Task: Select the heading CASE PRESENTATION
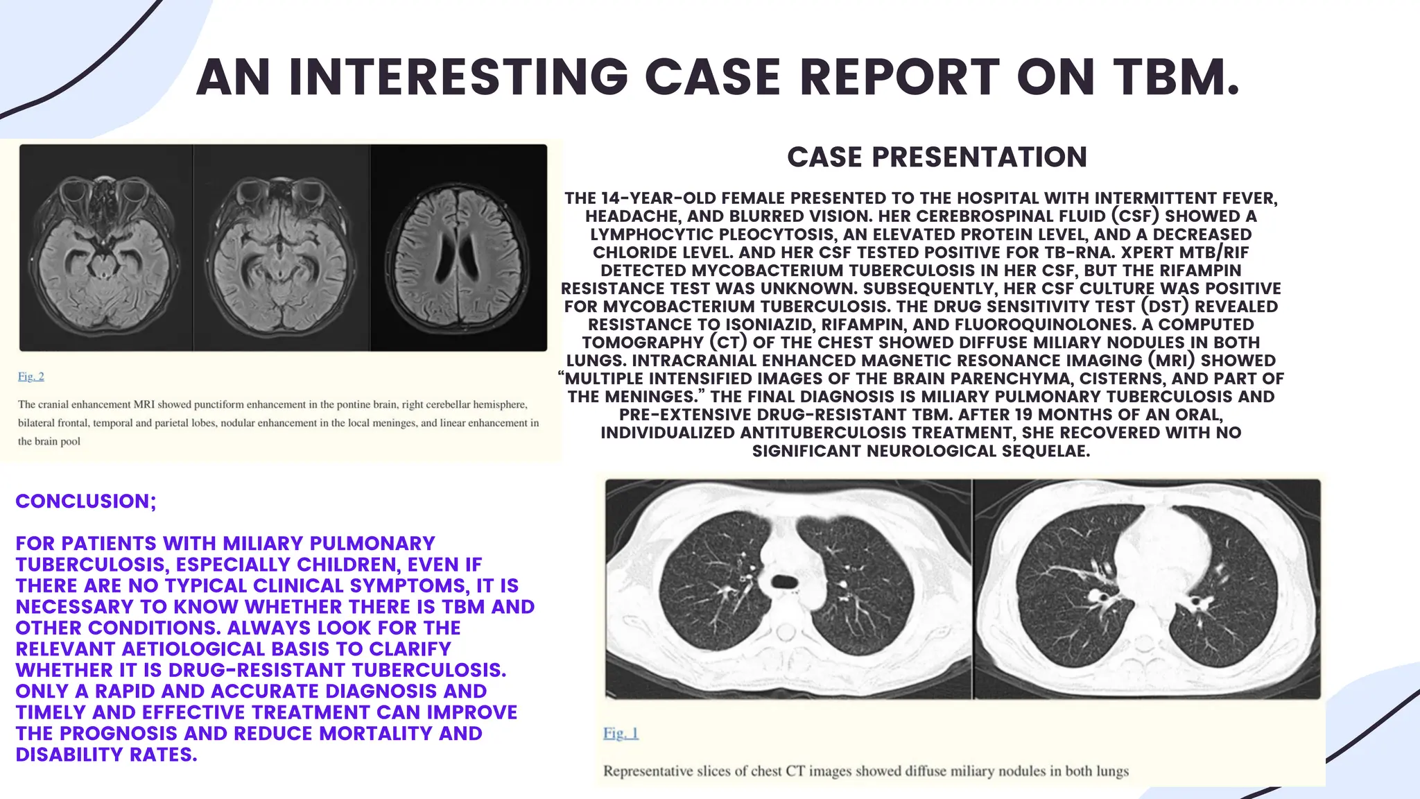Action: point(937,157)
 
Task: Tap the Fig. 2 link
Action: point(31,377)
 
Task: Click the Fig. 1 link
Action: point(621,733)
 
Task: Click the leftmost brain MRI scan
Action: point(105,248)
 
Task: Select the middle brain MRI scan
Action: point(281,248)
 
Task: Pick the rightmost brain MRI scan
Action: point(458,248)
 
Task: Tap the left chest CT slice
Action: point(788,588)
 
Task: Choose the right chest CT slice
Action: point(1147,588)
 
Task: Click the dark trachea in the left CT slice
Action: point(784,581)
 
